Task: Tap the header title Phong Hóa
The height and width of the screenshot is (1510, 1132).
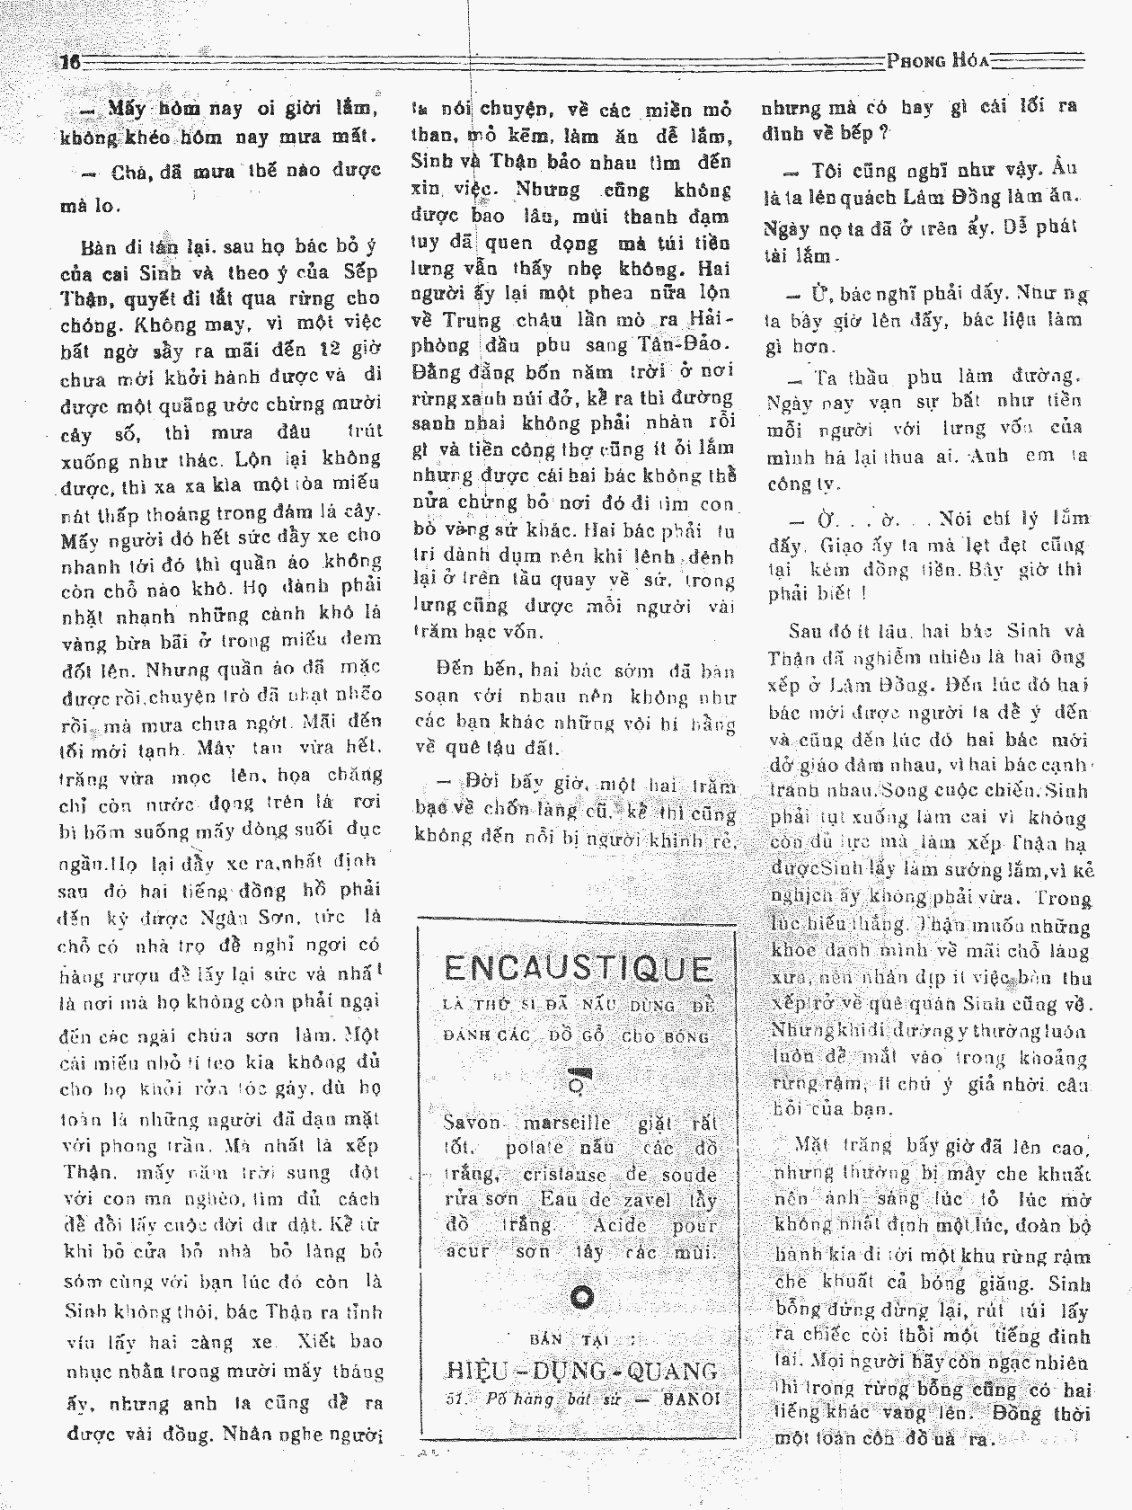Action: click(937, 61)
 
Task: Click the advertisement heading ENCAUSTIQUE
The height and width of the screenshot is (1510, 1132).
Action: click(579, 968)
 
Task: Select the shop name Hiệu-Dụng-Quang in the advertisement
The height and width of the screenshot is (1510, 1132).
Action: click(581, 1370)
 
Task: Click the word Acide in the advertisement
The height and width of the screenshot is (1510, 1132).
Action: click(620, 1225)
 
